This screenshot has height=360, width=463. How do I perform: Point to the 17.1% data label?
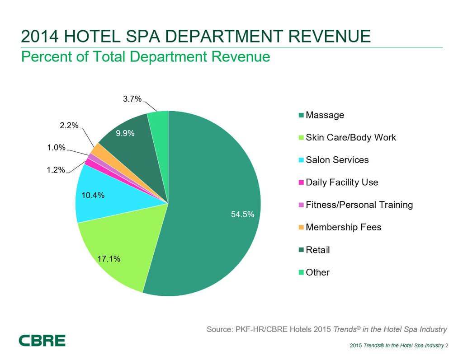109,259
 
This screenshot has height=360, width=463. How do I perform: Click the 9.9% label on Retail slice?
125,133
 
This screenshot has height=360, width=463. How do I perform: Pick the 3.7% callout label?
132,98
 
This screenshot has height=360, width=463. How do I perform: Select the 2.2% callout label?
70,126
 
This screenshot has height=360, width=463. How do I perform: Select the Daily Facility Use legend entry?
342,182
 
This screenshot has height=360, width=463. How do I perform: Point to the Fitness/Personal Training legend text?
359,205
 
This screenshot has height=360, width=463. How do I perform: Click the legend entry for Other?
317,272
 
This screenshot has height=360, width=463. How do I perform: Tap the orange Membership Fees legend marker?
301,227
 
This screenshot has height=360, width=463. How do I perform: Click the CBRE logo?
42,341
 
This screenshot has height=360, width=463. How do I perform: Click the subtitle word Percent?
45,57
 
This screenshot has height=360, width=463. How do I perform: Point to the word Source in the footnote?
219,329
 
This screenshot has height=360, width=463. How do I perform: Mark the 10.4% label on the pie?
94,196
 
